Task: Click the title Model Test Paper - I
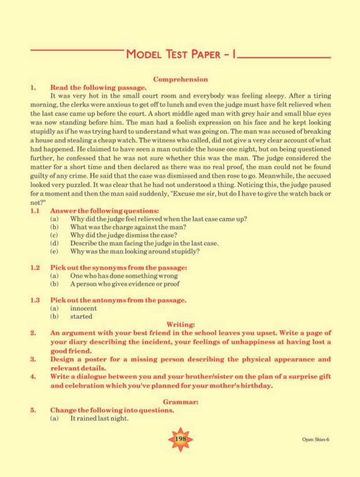click(x=180, y=54)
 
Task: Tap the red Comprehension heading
click(x=180, y=79)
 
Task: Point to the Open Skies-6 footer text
click(x=315, y=439)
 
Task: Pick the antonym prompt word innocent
click(x=83, y=308)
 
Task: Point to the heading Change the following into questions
click(x=112, y=410)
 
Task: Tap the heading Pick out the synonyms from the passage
click(x=118, y=268)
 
